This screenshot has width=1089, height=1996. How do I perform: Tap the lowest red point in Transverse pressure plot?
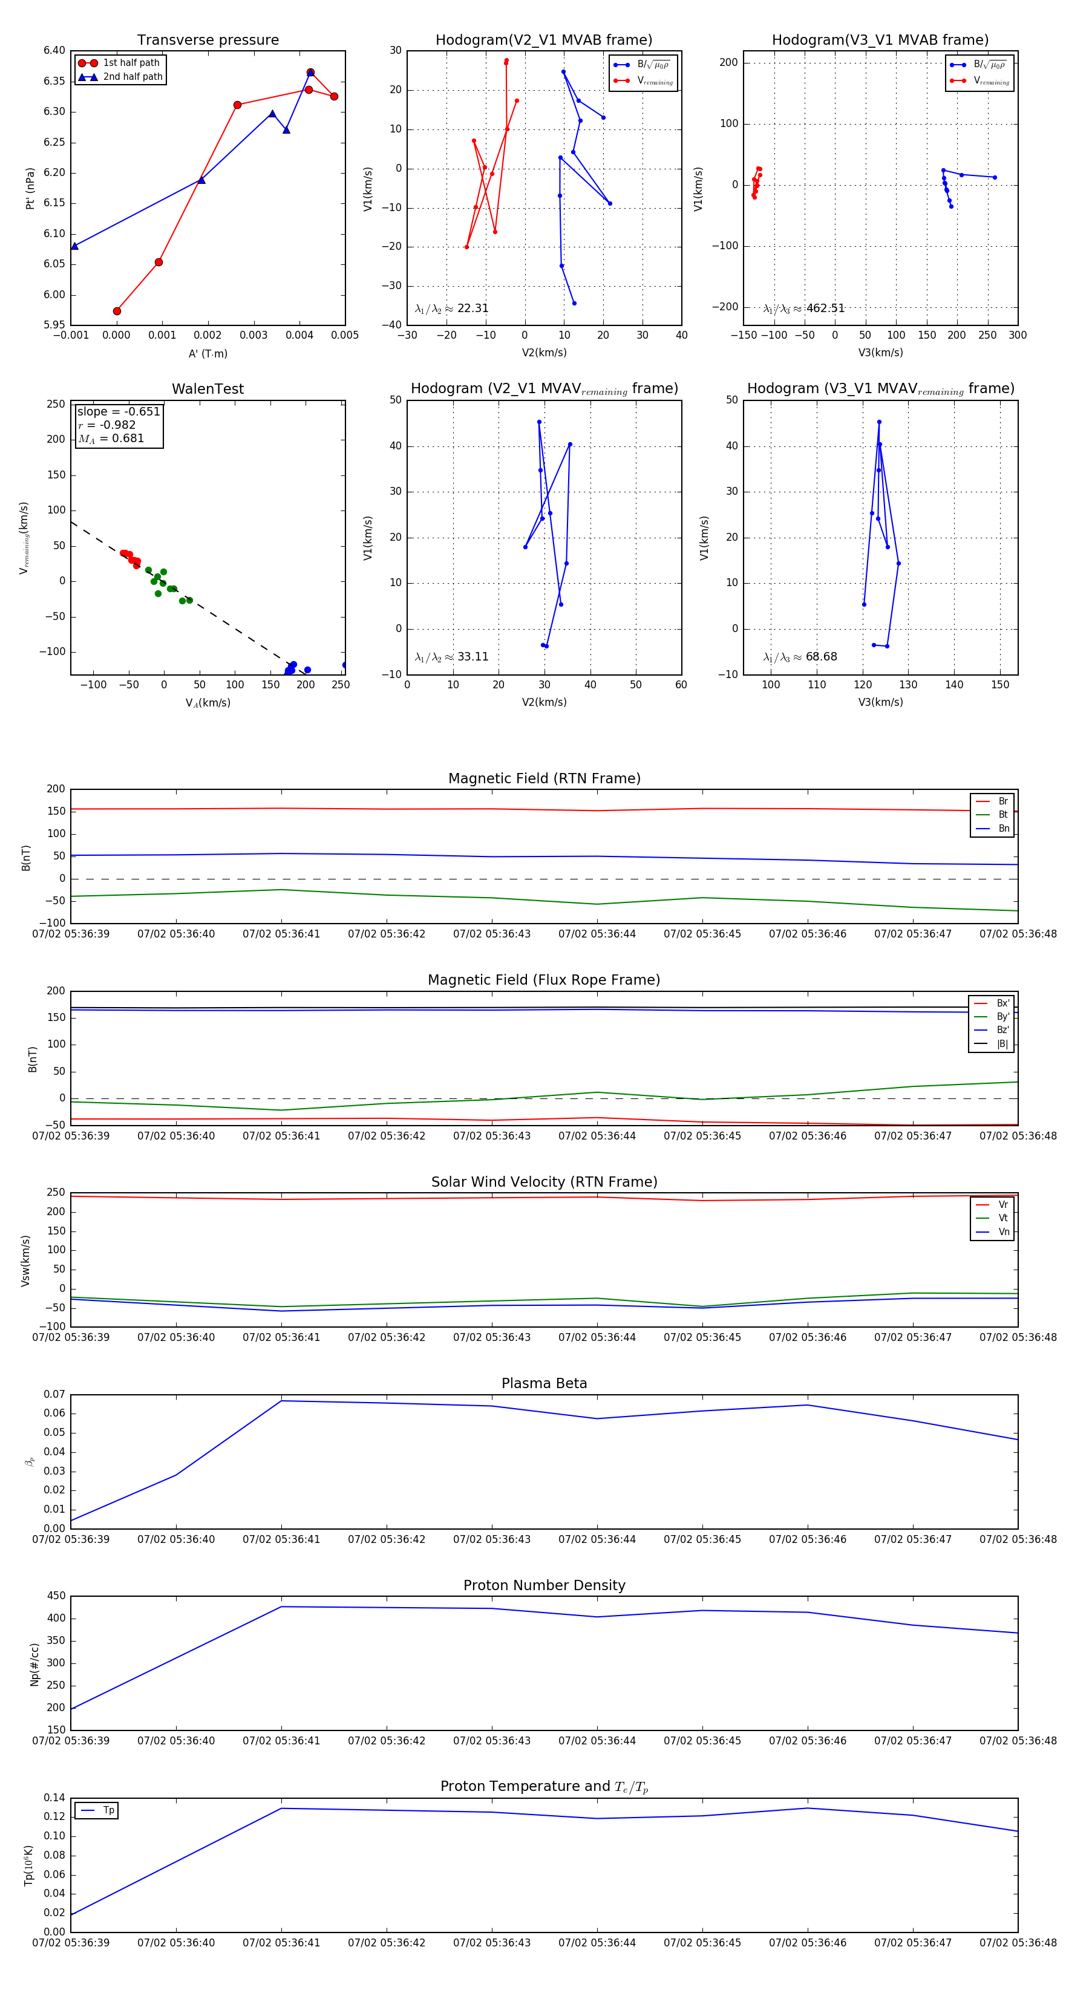(x=117, y=311)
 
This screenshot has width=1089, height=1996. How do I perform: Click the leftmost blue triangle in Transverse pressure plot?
(x=74, y=246)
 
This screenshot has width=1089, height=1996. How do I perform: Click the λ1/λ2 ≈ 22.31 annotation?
(x=452, y=308)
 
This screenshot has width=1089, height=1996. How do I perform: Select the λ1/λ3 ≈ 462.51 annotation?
(x=804, y=308)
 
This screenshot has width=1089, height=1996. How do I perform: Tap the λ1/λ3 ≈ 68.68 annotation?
(x=800, y=657)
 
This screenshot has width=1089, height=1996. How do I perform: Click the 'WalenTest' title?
(x=208, y=389)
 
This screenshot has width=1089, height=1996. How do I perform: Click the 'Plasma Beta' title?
(x=544, y=1383)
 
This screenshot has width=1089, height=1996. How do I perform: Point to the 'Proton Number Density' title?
(x=544, y=1585)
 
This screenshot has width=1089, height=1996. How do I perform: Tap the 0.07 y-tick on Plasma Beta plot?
(x=54, y=1394)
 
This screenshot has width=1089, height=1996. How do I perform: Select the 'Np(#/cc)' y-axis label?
(x=34, y=1663)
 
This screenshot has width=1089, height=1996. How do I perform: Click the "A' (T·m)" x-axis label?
(x=208, y=353)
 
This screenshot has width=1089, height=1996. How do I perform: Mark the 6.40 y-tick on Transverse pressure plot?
(x=54, y=50)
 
